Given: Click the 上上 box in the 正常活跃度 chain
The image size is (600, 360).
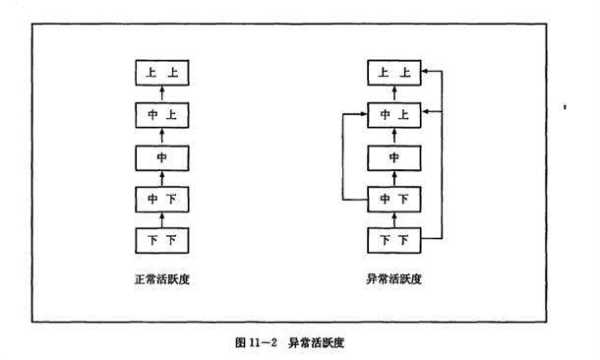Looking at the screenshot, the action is [162, 73].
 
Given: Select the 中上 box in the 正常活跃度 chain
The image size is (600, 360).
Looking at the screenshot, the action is [162, 115].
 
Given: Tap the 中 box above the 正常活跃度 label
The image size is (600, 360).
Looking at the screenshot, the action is [162, 158].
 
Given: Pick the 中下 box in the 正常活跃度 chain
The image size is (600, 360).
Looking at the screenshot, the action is [162, 200].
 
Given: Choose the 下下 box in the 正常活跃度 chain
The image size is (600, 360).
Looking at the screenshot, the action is [162, 240].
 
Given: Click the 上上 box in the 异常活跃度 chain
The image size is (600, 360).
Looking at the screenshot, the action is [394, 73].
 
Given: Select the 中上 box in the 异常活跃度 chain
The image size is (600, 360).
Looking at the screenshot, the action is [394, 115].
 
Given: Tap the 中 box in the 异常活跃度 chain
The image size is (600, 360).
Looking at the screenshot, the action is [394, 158].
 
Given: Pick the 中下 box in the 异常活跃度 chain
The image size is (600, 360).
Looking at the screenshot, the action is [394, 200].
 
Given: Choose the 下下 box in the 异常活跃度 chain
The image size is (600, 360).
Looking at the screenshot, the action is [394, 240].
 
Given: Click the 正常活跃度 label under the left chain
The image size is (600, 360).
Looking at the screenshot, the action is [162, 279].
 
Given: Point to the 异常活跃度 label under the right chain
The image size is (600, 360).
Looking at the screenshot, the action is [393, 279].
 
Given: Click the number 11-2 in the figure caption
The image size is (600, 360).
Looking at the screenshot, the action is [263, 342].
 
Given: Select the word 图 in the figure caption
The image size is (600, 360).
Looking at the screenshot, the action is [240, 342].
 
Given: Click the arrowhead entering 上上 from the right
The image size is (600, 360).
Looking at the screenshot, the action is [425, 71].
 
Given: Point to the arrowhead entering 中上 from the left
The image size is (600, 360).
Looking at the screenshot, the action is [364, 114].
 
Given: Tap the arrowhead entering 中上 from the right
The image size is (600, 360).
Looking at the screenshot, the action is [425, 111].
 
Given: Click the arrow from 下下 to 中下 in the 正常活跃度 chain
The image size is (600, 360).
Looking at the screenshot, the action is [162, 220].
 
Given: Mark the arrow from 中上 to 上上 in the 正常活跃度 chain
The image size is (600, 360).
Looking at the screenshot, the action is [162, 94].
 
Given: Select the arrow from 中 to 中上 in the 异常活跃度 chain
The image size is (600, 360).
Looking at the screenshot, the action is [394, 137].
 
